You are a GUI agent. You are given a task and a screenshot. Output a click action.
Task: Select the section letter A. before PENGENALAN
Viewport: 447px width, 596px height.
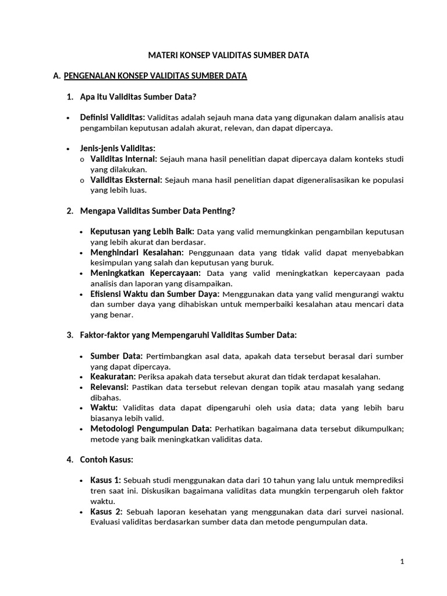pos(56,76)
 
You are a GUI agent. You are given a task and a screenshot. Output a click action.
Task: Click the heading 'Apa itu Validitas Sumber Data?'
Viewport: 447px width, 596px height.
pos(142,97)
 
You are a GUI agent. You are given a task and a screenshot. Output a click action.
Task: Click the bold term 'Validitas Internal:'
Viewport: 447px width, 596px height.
pos(123,159)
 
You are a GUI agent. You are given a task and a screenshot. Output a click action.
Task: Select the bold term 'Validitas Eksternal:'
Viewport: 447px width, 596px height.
pos(126,180)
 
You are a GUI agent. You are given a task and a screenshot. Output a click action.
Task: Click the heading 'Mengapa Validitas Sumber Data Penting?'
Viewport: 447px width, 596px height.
pos(157,210)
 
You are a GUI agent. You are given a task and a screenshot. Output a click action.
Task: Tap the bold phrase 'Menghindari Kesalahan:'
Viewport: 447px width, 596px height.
pos(137,252)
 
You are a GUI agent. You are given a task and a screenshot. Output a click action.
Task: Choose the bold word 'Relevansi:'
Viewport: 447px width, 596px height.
pos(110,387)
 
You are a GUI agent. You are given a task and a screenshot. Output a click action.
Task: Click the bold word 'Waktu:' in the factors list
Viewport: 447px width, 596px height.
pos(104,408)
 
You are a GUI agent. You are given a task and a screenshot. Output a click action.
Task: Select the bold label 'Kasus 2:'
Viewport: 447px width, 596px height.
pos(105,512)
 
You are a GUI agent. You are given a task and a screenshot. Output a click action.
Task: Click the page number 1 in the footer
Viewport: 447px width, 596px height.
pos(402,562)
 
